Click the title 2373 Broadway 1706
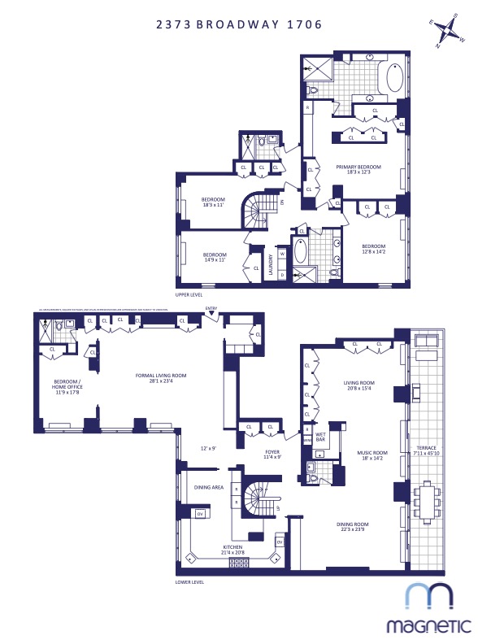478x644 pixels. pyautogui.click(x=239, y=24)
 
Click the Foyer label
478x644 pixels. pyautogui.click(x=272, y=453)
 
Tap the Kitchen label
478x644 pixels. pyautogui.click(x=233, y=547)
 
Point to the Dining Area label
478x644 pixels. pyautogui.click(x=208, y=487)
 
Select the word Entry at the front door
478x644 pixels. pyautogui.click(x=211, y=308)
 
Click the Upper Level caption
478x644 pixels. pyautogui.click(x=188, y=294)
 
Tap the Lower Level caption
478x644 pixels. pyautogui.click(x=189, y=582)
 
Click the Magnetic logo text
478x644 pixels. pyautogui.click(x=428, y=626)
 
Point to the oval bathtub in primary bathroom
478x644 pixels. pyautogui.click(x=393, y=79)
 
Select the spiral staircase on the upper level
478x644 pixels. pyautogui.click(x=256, y=211)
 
